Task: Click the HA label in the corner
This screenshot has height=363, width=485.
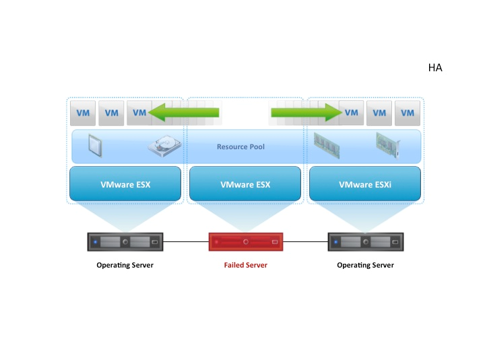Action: click(x=434, y=68)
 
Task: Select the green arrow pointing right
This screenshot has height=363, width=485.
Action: click(x=306, y=112)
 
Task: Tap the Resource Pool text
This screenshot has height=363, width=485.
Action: click(x=240, y=147)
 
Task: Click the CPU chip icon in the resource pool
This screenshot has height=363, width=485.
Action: click(x=95, y=145)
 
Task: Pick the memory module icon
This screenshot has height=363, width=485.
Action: click(x=327, y=145)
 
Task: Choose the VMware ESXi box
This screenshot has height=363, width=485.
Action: click(x=364, y=184)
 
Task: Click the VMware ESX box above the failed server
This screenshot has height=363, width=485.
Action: click(x=245, y=184)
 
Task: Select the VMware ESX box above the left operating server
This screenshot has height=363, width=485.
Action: click(x=125, y=184)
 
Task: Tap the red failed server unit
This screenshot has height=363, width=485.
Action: click(x=245, y=241)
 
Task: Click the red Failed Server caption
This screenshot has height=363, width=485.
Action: click(x=245, y=265)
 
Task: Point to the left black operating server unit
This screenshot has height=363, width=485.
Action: click(x=125, y=241)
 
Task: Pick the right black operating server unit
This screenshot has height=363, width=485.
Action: click(x=365, y=241)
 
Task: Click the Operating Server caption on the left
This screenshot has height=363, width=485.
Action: click(x=125, y=265)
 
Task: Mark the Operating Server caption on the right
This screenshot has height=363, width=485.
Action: click(x=365, y=265)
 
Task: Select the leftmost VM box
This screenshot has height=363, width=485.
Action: click(x=83, y=113)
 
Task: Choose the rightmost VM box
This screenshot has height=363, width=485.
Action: click(x=408, y=113)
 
